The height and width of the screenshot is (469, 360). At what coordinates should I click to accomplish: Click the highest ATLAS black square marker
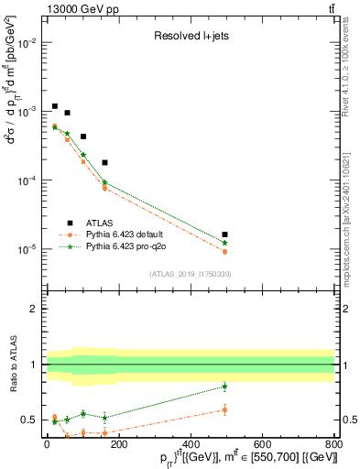click(55, 106)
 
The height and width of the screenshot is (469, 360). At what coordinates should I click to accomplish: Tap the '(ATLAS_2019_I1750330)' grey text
click(190, 273)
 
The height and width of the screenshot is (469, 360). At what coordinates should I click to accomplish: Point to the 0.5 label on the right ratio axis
click(345, 420)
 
